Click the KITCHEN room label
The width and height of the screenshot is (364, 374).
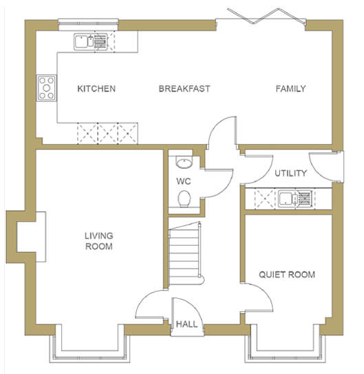(x=96, y=89)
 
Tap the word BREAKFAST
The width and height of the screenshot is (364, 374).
(x=184, y=89)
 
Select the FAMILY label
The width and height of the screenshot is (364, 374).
(x=290, y=89)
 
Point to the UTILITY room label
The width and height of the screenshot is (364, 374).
(x=290, y=173)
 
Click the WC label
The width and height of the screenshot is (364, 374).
(x=184, y=181)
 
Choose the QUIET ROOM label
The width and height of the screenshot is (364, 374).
(x=287, y=275)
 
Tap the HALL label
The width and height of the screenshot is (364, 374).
(x=186, y=324)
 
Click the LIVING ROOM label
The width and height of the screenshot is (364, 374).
(x=99, y=241)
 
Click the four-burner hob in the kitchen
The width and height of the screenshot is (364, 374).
(x=47, y=88)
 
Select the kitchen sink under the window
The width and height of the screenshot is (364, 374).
(x=91, y=42)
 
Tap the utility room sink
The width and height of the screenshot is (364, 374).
(x=295, y=198)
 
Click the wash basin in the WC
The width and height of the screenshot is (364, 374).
(x=184, y=162)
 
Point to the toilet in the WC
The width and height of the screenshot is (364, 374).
(x=184, y=198)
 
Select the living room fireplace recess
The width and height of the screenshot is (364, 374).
(x=32, y=237)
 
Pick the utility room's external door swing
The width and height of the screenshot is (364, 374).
(x=321, y=167)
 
